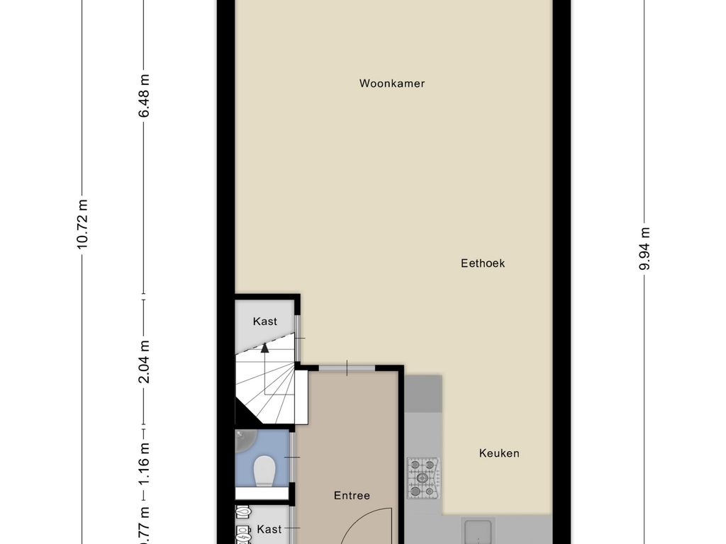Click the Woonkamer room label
click(x=391, y=84)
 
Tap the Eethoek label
click(x=482, y=263)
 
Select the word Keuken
click(x=499, y=453)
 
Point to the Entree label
click(x=352, y=495)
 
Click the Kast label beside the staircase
click(x=265, y=321)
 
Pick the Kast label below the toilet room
click(x=269, y=528)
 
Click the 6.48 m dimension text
click(x=144, y=96)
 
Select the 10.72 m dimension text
click(x=82, y=224)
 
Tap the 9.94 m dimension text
click(x=644, y=249)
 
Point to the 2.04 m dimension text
click(x=144, y=361)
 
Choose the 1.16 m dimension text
click(x=144, y=463)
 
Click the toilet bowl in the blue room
click(x=264, y=470)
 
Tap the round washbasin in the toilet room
click(x=245, y=440)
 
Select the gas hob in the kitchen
click(x=424, y=478)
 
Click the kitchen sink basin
click(x=478, y=531)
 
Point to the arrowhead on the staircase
click(x=264, y=347)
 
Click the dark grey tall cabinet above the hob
click(x=423, y=393)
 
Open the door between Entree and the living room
click(x=347, y=368)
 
